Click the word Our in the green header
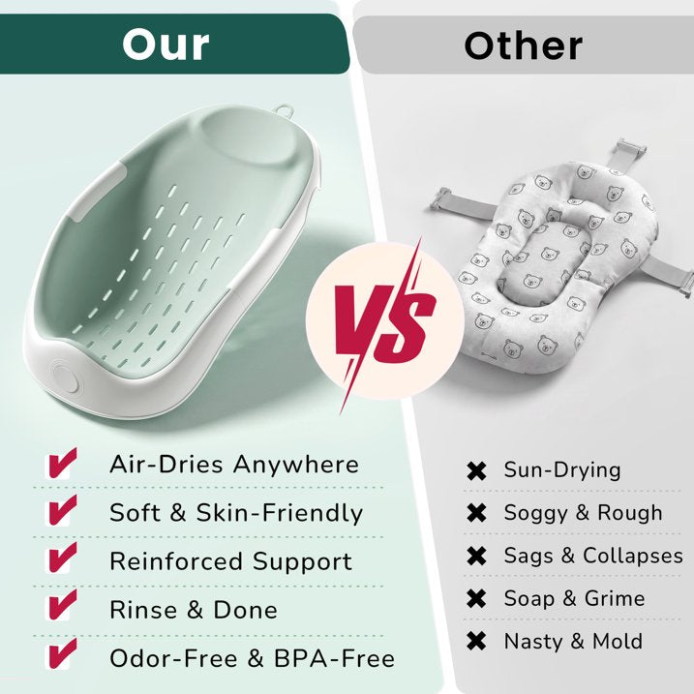[x=166, y=45]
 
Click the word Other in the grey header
[x=523, y=46]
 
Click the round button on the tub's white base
[x=65, y=377]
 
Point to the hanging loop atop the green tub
[x=285, y=109]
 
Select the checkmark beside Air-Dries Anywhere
[x=62, y=463]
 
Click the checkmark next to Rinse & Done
[x=62, y=605]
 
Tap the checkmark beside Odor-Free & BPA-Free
[x=62, y=653]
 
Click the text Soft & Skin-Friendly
[x=236, y=513]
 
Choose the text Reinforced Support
[x=230, y=561]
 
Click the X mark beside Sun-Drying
[x=476, y=470]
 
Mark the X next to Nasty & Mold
[x=476, y=641]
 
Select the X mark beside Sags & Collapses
[x=476, y=556]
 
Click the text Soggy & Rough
[x=584, y=513]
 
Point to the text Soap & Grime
[x=575, y=598]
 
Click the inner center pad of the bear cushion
[x=547, y=264]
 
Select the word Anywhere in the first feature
[x=296, y=465]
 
